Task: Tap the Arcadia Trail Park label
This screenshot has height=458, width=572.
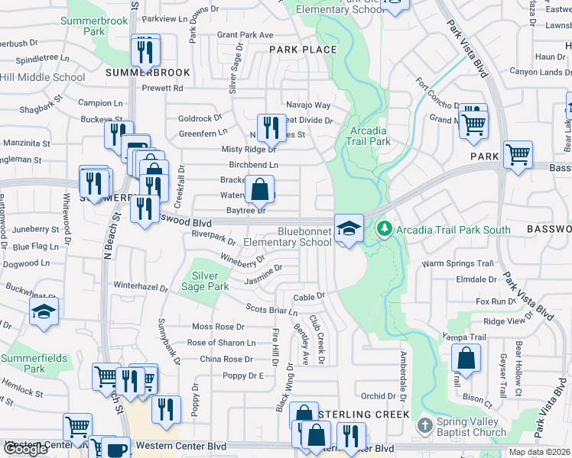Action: point(369,136)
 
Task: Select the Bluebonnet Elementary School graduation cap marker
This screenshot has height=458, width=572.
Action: point(349,229)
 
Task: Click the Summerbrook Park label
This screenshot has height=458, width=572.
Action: point(94,26)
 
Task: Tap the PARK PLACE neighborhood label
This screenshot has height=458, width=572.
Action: point(303,50)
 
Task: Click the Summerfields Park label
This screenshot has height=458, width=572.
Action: point(33,363)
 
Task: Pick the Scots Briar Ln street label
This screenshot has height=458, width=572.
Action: point(271,309)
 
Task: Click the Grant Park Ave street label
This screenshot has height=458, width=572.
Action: point(245,35)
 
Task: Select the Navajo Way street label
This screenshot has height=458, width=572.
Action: point(308,105)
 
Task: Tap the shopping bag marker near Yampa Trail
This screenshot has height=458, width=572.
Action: point(465,358)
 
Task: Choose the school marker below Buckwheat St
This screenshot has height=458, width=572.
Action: point(44,311)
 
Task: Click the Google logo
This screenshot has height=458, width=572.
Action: point(25,449)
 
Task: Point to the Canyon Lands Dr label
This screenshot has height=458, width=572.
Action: point(535,73)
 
